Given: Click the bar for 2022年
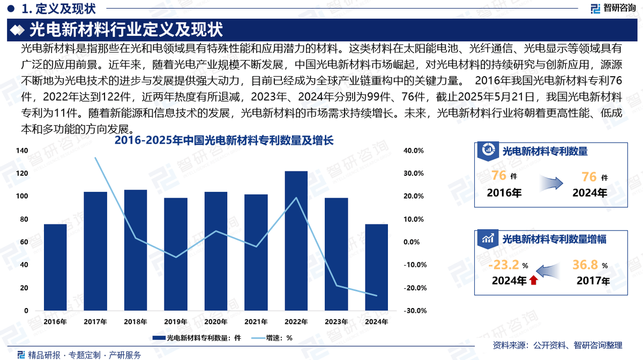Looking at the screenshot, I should click(296, 241).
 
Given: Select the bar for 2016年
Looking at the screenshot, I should click(55, 267).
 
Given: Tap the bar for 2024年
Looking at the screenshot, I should click(377, 267).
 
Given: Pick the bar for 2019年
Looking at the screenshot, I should click(176, 254).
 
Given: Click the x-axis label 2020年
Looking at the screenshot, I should click(216, 322).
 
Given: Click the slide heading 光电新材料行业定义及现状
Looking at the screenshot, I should click(126, 29).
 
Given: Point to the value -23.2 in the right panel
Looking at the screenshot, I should click(504, 265).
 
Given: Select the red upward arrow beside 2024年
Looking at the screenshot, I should click(533, 280).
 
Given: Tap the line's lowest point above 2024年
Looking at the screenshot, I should click(377, 296).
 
